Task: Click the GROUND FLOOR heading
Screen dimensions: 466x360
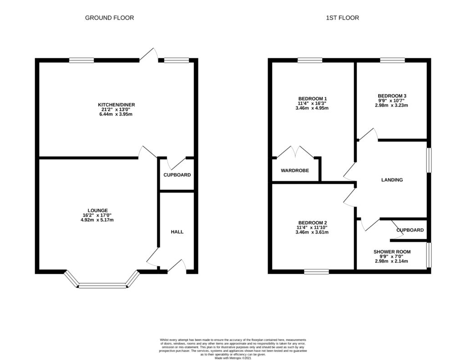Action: click(x=109, y=18)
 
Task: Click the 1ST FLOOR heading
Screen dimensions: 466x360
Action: click(x=342, y=18)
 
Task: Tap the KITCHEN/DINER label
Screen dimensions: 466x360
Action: click(x=116, y=105)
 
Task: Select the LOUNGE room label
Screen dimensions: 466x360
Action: click(x=97, y=210)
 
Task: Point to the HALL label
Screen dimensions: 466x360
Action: click(x=177, y=232)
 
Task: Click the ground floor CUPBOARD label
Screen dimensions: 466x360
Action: click(x=177, y=175)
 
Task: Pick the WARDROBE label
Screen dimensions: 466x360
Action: click(x=295, y=171)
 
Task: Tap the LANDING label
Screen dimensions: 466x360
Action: click(x=392, y=180)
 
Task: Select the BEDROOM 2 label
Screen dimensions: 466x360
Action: click(x=313, y=223)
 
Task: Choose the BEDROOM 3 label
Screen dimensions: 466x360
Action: click(x=392, y=96)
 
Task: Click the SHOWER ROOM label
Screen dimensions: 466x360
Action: click(x=392, y=252)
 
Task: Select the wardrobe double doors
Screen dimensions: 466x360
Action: click(x=295, y=152)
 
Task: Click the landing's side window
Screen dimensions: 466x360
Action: click(x=429, y=160)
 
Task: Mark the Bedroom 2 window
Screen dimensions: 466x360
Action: click(x=317, y=271)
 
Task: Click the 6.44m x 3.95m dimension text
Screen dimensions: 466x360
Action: click(x=116, y=114)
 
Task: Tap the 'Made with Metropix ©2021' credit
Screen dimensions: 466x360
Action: click(x=233, y=358)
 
